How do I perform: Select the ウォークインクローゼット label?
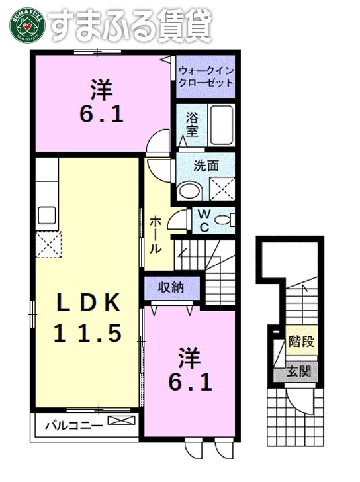coord(206,77)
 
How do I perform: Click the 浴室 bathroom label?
coord(191,124)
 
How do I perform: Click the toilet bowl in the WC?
coord(225,219)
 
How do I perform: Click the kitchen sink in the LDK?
coord(47,215)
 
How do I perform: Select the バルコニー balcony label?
coord(73,424)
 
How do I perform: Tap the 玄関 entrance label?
coord(299,372)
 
